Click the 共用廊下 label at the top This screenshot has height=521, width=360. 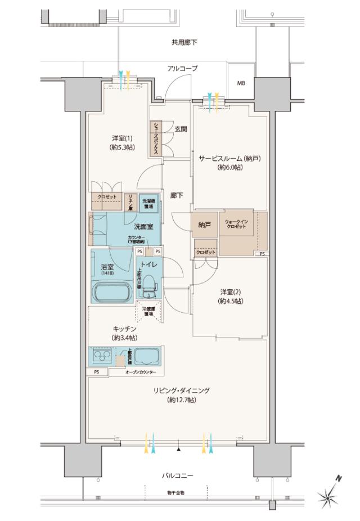point(184,42)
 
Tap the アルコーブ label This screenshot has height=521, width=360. point(182,68)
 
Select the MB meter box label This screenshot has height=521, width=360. point(241,83)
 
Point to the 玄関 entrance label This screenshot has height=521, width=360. point(181,129)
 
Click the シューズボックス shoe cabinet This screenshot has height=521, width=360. point(155,139)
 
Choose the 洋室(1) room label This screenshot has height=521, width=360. point(122,142)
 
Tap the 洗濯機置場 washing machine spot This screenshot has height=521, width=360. point(148,202)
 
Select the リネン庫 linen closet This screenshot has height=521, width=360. point(129,201)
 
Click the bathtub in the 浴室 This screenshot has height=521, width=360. point(112,293)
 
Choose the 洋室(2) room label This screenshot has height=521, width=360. point(231,296)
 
